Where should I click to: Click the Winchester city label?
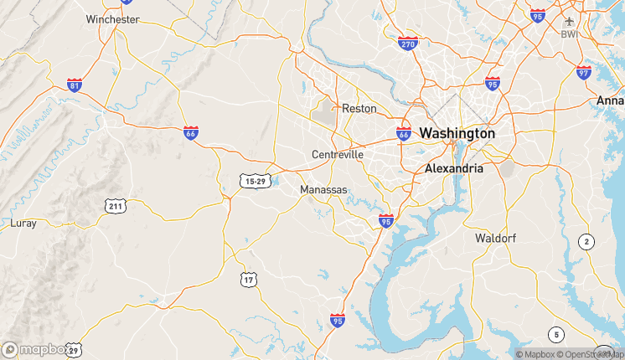(112, 18)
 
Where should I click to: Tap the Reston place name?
(359, 108)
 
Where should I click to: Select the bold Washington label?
(457, 133)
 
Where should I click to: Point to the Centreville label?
(338, 155)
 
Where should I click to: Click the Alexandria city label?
(454, 168)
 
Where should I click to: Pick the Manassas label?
(323, 190)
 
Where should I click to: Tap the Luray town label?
(23, 223)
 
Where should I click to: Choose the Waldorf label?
(495, 238)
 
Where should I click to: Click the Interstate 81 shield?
(75, 85)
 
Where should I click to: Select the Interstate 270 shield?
(408, 44)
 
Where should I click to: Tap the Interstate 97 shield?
(583, 72)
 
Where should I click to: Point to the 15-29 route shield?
(254, 181)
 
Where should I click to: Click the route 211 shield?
(116, 205)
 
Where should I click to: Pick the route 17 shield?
(249, 279)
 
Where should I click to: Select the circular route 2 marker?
(586, 242)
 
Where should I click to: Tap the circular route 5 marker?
(555, 334)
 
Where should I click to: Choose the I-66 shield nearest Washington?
(403, 133)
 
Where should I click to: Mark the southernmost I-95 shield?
(338, 320)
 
